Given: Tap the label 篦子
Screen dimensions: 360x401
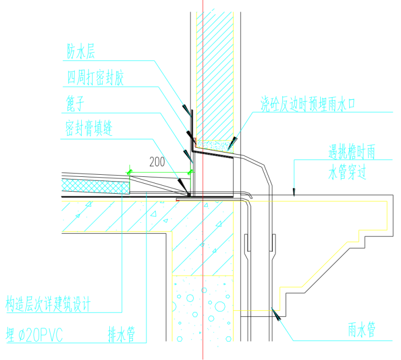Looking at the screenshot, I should coord(75,102).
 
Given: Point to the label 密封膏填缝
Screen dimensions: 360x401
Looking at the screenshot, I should coord(89,128).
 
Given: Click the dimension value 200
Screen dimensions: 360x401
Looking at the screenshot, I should coord(158,162).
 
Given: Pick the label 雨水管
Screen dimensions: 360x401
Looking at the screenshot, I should coord(361,331).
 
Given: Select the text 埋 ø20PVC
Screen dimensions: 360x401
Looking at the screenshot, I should coord(34,335).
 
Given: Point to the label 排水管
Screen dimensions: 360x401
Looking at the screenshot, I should coord(122,334).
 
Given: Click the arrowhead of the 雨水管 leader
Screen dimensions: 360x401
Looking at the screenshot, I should coord(275,314).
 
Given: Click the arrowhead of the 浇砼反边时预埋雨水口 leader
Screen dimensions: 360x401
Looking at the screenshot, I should coord(232,141).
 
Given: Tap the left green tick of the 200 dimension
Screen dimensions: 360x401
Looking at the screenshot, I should coord(128,172).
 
